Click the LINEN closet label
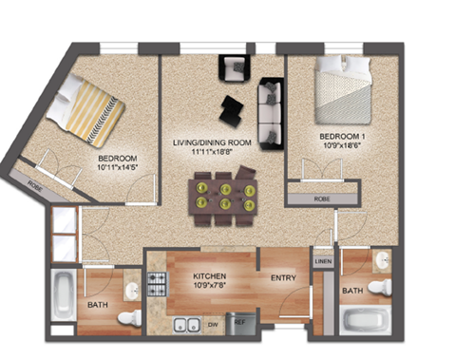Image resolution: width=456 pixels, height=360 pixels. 322,261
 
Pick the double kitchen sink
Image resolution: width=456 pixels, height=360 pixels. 185,323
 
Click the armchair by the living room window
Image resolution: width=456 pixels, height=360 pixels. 233,68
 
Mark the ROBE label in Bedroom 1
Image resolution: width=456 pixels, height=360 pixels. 322,199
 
